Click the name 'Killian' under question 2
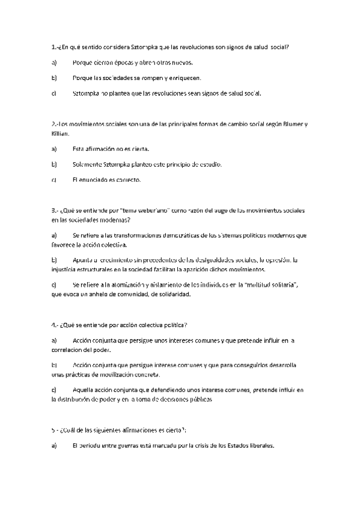point(61,133)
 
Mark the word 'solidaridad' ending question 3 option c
point(172,295)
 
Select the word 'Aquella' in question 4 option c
point(84,390)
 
